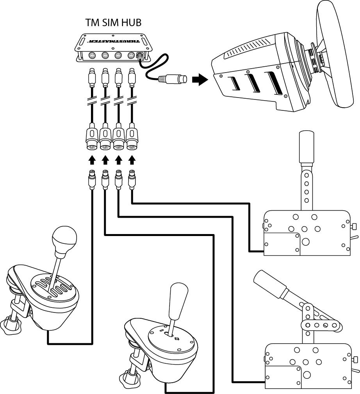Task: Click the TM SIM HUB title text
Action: (x=113, y=23)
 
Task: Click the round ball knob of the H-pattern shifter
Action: (x=64, y=239)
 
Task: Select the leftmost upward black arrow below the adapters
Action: (x=92, y=160)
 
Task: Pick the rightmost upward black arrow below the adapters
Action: (x=132, y=160)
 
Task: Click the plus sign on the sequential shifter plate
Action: (x=177, y=339)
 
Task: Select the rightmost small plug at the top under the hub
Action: (x=132, y=78)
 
